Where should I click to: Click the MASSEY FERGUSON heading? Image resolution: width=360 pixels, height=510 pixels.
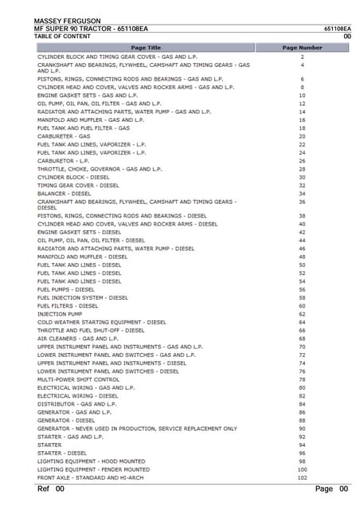[67, 21]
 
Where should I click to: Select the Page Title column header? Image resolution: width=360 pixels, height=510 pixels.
[146, 48]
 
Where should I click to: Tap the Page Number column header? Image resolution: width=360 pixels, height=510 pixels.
[302, 48]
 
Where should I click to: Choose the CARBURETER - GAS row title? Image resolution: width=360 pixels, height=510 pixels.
[64, 136]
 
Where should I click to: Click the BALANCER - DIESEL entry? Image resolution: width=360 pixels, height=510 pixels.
[65, 193]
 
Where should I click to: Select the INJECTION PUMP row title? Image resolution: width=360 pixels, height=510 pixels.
[60, 314]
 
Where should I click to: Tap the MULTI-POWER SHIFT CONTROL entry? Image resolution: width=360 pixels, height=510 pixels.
[79, 380]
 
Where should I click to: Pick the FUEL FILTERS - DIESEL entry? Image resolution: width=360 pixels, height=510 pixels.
[68, 306]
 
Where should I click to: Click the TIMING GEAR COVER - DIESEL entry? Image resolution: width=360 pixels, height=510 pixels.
[78, 185]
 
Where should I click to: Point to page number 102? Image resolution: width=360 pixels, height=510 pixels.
[302, 478]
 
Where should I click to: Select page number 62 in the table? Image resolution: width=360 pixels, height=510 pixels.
[302, 314]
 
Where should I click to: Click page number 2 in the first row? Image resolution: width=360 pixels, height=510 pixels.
[302, 57]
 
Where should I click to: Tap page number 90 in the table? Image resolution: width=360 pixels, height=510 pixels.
[302, 429]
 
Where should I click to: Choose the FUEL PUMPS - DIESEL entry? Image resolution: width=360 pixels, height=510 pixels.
[66, 289]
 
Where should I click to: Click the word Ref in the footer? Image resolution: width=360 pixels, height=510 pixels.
[44, 488]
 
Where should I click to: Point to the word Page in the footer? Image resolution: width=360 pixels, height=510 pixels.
[324, 488]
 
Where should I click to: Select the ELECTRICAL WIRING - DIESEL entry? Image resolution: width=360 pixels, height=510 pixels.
[78, 396]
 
